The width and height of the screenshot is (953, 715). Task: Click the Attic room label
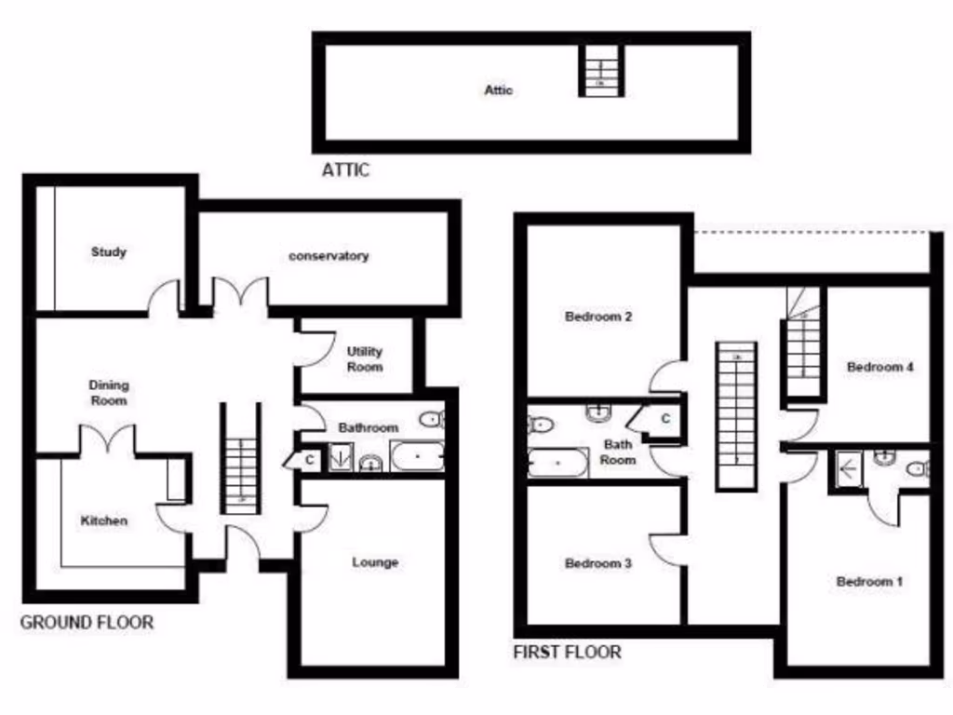(498, 90)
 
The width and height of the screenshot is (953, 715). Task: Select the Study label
(109, 251)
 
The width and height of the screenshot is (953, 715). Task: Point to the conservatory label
(329, 256)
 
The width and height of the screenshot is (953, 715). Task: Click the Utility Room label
(365, 359)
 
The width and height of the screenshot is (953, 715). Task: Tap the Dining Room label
(109, 393)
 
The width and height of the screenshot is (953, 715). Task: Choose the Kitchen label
(103, 520)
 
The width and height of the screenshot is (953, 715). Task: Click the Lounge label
(375, 562)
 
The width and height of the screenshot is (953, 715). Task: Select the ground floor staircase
(240, 461)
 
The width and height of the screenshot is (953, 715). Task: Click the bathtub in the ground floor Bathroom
(416, 457)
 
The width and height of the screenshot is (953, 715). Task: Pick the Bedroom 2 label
(598, 317)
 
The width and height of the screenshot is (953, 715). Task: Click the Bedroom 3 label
(598, 563)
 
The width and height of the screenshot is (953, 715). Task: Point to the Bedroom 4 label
(879, 367)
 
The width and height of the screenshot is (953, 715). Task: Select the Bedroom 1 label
(869, 582)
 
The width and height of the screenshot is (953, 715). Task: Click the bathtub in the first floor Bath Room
(557, 463)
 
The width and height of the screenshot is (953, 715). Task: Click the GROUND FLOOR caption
(87, 622)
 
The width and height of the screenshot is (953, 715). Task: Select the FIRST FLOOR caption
(567, 652)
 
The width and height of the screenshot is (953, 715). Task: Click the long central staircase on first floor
(736, 416)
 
